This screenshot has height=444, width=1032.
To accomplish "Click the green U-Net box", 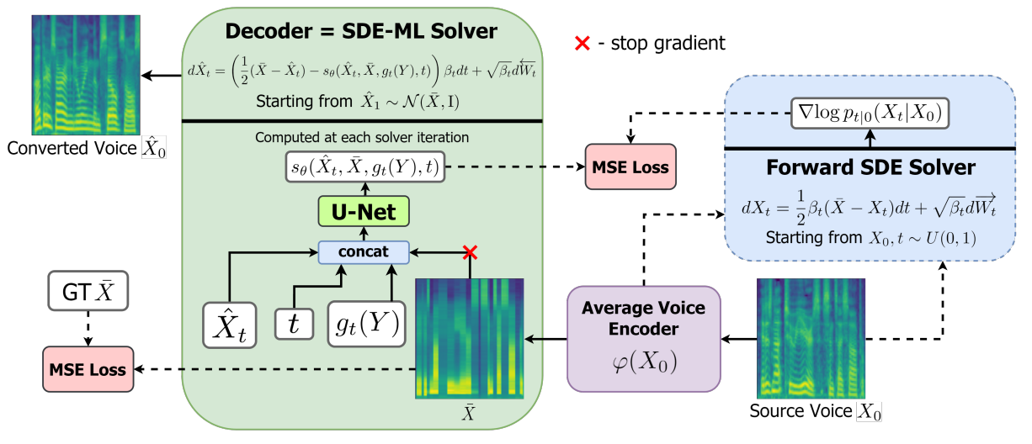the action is (x=364, y=211).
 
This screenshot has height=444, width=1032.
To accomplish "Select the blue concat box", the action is (x=364, y=252).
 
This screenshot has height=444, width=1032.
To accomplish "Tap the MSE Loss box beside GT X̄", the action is (x=88, y=369).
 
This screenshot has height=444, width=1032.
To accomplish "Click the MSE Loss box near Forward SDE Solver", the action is (x=630, y=166).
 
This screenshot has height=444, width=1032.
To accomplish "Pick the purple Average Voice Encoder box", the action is (x=644, y=339).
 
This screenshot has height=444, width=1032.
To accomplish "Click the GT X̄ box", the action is (x=88, y=291).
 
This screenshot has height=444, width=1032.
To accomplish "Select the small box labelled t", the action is (x=294, y=324).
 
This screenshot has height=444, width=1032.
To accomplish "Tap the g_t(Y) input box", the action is (x=367, y=324).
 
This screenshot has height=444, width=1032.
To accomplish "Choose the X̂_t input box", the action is (x=230, y=325).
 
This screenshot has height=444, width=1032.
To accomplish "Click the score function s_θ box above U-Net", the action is (x=364, y=166).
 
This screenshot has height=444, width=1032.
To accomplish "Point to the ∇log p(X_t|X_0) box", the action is (x=870, y=114).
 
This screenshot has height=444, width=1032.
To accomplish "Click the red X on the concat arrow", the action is (x=470, y=252).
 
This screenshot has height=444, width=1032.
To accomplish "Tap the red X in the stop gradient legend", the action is (x=582, y=43).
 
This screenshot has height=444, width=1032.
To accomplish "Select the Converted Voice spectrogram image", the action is (x=86, y=75).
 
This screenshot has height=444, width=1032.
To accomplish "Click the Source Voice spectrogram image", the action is (x=811, y=339).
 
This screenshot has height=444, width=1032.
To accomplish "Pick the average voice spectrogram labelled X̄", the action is (x=470, y=339).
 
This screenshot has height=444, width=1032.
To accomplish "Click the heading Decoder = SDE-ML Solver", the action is (x=361, y=31).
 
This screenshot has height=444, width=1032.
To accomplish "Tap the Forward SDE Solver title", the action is (x=870, y=167).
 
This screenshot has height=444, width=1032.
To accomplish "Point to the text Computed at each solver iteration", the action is (x=362, y=137).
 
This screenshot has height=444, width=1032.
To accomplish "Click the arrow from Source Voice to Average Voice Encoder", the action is (x=739, y=339).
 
